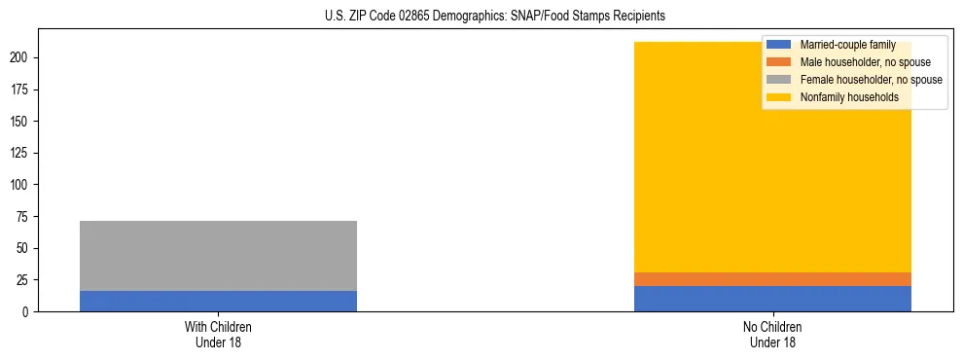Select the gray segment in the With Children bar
point(218,256)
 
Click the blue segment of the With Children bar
point(218,301)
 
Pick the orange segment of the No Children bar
point(772,279)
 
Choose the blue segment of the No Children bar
point(772,299)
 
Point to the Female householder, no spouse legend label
point(871,80)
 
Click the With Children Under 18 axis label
point(218,334)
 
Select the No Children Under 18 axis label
point(772,334)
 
